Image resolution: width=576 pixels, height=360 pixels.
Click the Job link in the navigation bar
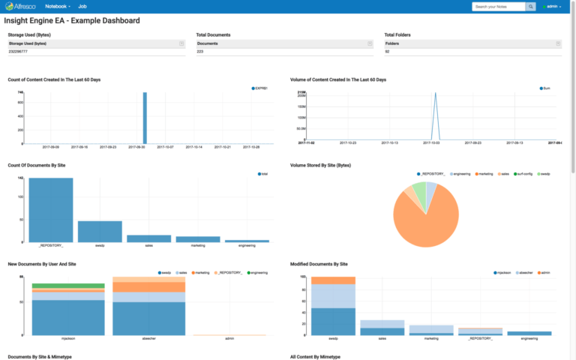click(x=93, y=6)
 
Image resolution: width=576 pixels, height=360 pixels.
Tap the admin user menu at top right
click(x=551, y=7)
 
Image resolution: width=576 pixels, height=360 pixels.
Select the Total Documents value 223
click(x=201, y=52)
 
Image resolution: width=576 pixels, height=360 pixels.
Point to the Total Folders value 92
click(x=387, y=52)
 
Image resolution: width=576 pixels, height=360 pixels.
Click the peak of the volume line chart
click(x=434, y=95)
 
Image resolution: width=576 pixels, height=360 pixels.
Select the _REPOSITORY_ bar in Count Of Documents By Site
click(x=51, y=210)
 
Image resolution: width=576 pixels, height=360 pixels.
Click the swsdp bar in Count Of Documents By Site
click(x=100, y=231)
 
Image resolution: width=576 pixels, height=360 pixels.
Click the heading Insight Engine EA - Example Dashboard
click(x=72, y=20)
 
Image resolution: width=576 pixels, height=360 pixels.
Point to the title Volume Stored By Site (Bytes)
click(x=320, y=165)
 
